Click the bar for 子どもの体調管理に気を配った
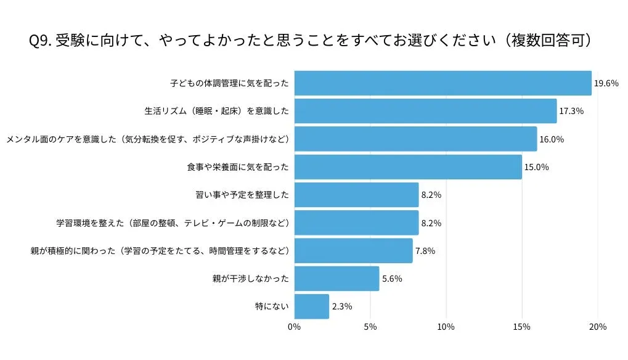pyautogui.click(x=442, y=83)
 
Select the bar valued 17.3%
pyautogui.click(x=425, y=111)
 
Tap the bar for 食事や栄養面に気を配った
pyautogui.click(x=408, y=167)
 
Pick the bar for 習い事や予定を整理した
pyautogui.click(x=356, y=195)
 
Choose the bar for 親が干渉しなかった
pyautogui.click(x=336, y=279)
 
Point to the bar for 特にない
pyautogui.click(x=311, y=306)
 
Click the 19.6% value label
pyautogui.click(x=606, y=83)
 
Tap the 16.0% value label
pyautogui.click(x=552, y=139)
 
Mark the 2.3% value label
pyautogui.click(x=342, y=306)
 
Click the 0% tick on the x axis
pyautogui.click(x=295, y=327)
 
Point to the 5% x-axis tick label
pyautogui.click(x=370, y=327)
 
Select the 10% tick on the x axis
pyautogui.click(x=446, y=327)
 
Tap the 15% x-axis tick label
pyautogui.click(x=522, y=327)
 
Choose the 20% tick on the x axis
pyautogui.click(x=598, y=327)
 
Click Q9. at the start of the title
pyautogui.click(x=40, y=41)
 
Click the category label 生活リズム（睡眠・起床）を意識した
pyautogui.click(x=217, y=111)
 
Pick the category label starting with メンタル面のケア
pyautogui.click(x=148, y=139)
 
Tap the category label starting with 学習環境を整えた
pyautogui.click(x=173, y=223)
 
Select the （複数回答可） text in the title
pyautogui.click(x=548, y=41)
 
